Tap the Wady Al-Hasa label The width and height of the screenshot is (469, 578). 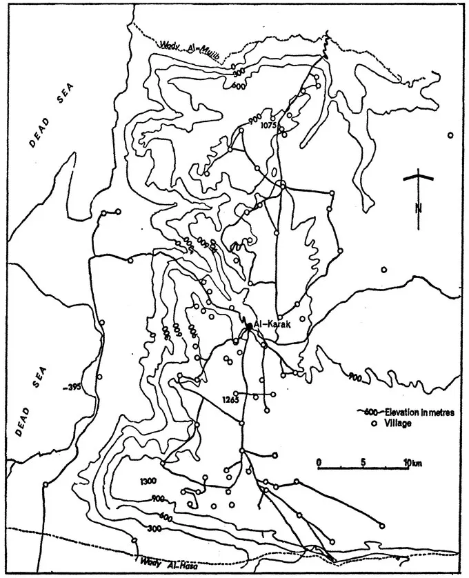point(166,562)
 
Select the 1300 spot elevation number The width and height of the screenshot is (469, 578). point(148,481)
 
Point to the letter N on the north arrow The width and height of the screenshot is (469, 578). point(418,208)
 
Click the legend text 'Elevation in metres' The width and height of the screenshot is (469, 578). point(419,412)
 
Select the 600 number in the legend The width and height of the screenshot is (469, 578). point(371,412)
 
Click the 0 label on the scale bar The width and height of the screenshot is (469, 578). point(319,461)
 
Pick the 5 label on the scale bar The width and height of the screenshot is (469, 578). point(363,461)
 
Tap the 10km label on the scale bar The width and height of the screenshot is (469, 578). point(412,461)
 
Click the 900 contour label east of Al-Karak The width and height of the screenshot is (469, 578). point(355,377)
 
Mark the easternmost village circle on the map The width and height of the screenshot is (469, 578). point(450,135)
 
